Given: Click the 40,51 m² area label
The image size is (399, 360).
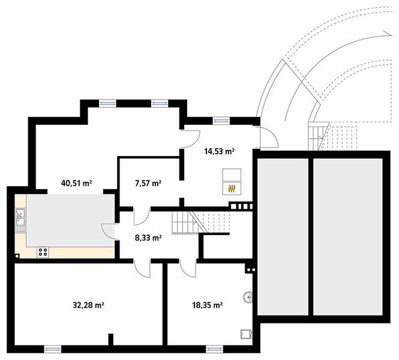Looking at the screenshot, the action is [76, 183].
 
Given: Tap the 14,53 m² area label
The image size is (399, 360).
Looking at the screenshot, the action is [220, 151].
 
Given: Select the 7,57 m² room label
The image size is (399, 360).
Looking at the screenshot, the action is [148, 183].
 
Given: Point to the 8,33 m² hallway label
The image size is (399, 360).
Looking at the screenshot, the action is [148, 238].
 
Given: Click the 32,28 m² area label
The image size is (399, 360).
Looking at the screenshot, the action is [88, 305].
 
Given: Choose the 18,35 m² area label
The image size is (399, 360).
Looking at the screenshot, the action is [208, 305].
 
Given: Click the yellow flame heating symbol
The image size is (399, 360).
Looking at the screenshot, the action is [232, 188].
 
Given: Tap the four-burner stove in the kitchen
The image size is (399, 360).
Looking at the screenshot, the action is [43, 252].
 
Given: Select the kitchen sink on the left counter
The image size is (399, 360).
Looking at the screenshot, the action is [20, 220].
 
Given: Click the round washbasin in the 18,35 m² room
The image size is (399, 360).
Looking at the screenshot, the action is [248, 298].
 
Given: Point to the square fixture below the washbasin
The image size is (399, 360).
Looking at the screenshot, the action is [247, 334].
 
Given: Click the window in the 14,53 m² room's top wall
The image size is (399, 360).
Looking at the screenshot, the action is [221, 121].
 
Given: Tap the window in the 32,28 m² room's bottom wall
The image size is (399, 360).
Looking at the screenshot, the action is [53, 349].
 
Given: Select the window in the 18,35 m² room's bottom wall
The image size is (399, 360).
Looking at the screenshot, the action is [214, 349].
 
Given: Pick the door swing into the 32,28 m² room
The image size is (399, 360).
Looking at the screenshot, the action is [142, 268].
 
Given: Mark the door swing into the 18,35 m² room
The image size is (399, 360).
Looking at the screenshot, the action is [188, 268].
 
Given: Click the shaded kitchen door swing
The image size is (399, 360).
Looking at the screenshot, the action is [108, 231].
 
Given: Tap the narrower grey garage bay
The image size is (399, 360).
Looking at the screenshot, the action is [283, 236].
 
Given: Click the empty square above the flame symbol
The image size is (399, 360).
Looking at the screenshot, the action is [232, 175].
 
